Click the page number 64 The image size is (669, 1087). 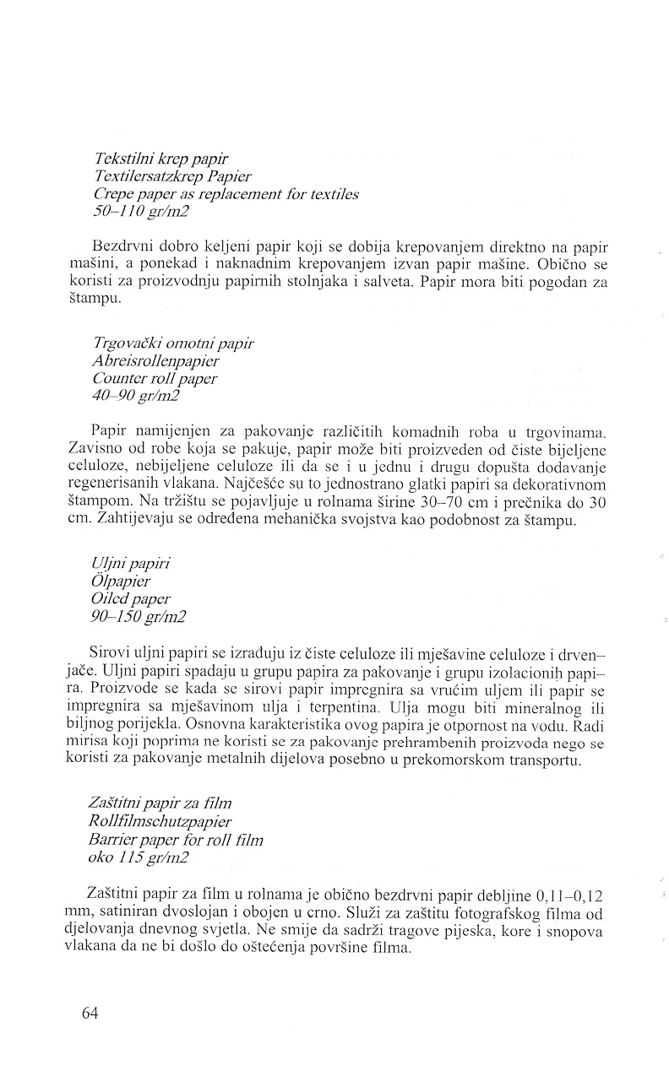click(90, 1014)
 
